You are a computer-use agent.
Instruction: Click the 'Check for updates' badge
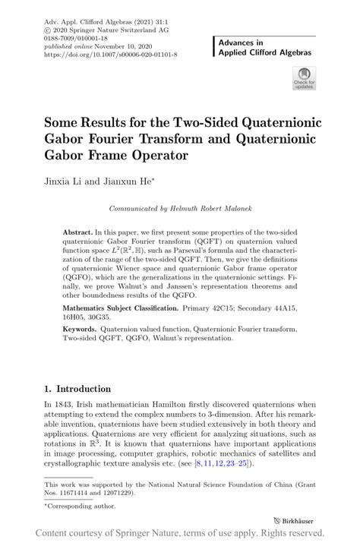pos(304,78)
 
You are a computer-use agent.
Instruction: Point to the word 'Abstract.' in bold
pos(78,229)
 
